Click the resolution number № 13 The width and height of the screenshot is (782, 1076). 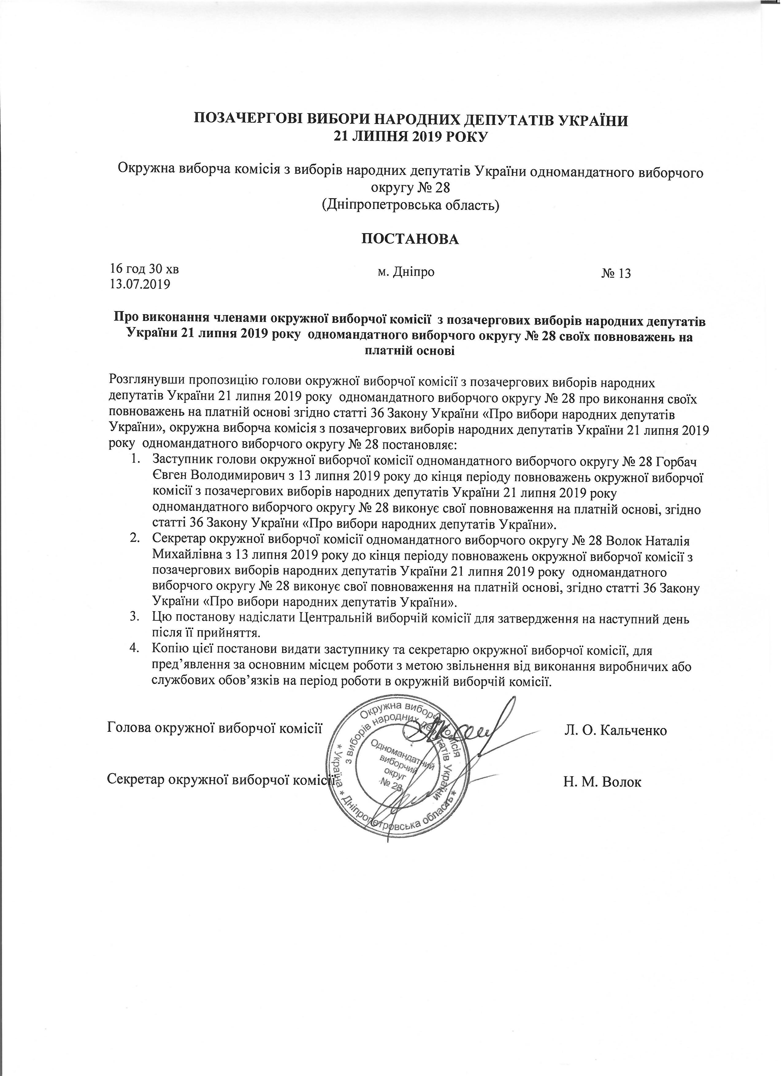point(616,274)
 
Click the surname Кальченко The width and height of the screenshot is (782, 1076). point(634,730)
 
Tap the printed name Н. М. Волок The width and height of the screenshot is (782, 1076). point(602,781)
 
